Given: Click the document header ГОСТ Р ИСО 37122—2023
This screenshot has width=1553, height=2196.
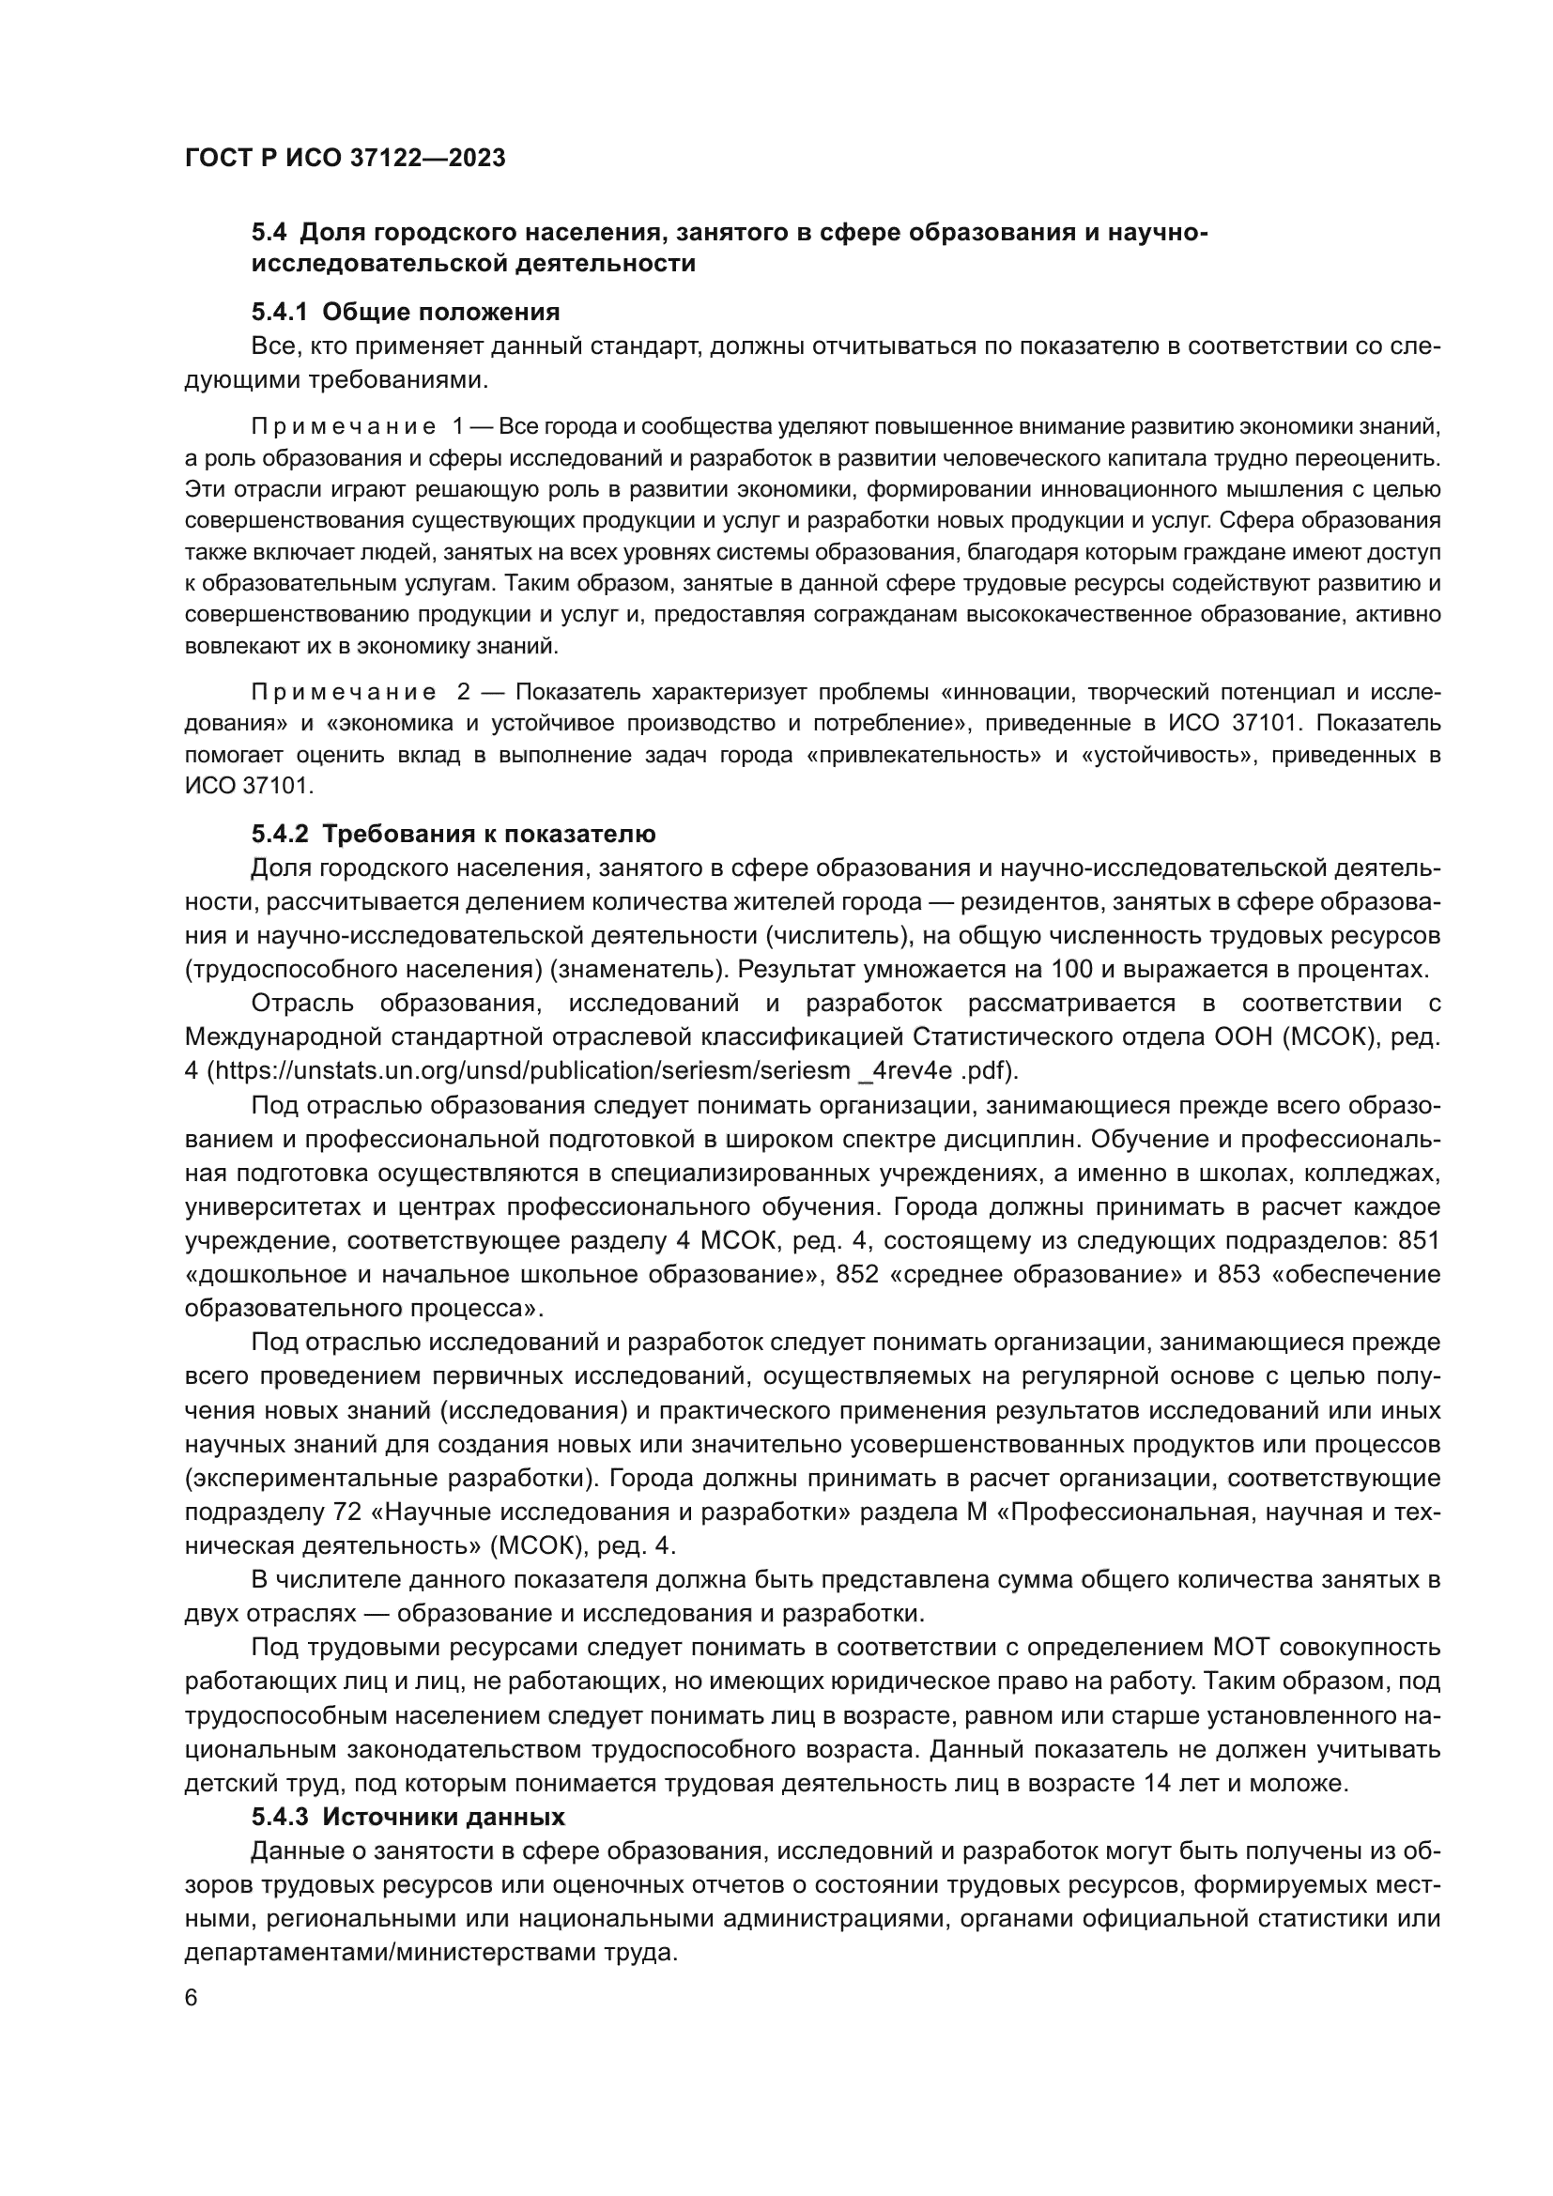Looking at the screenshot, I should tap(345, 158).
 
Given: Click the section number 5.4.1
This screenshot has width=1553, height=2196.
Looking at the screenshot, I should tap(281, 312).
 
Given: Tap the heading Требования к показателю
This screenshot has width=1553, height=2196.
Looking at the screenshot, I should tap(488, 834).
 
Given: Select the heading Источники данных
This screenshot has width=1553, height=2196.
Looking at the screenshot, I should tap(444, 1817).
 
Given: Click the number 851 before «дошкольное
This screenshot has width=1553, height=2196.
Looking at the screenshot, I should tap(1418, 1240).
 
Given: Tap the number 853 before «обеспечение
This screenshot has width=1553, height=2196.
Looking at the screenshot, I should tap(1238, 1274).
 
